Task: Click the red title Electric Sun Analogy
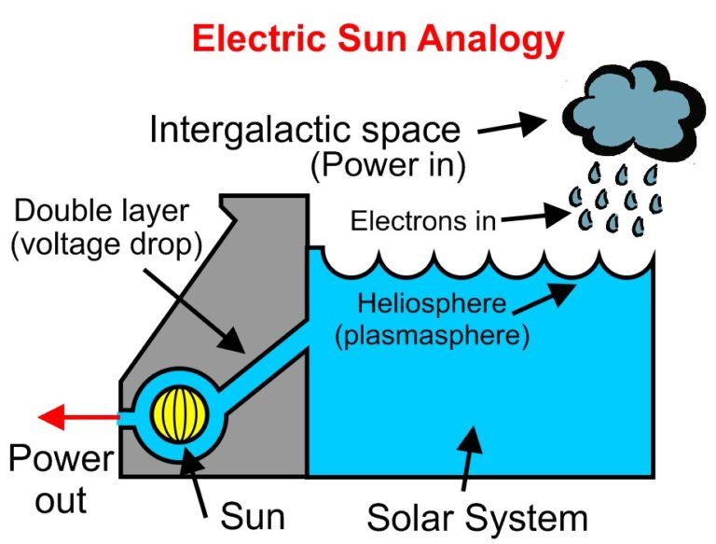point(378,39)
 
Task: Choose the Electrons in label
point(421,221)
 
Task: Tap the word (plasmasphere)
point(433,335)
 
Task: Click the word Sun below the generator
point(252,515)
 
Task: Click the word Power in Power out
point(62,459)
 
